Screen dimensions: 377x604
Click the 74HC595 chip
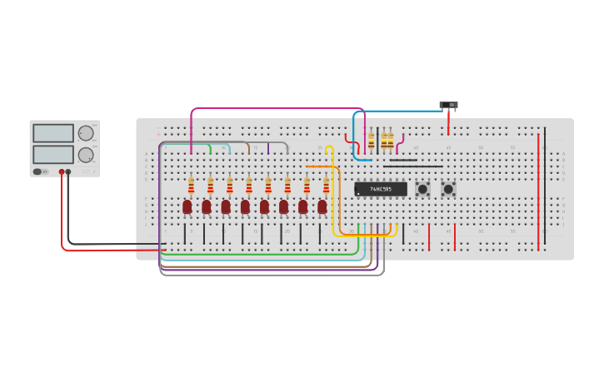(x=381, y=189)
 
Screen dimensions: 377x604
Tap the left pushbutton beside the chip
(x=422, y=189)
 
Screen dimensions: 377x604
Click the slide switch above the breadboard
(x=448, y=105)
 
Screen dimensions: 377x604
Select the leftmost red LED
(x=187, y=206)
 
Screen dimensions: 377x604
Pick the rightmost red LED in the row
(x=322, y=206)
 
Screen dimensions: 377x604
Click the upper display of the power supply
(x=53, y=133)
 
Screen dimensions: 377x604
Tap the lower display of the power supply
(x=53, y=155)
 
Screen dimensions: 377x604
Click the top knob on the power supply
(x=86, y=133)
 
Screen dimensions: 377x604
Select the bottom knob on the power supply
(x=86, y=155)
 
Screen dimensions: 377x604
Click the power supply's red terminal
(x=61, y=171)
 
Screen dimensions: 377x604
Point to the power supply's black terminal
(x=68, y=171)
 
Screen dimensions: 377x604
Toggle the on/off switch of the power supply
(x=37, y=171)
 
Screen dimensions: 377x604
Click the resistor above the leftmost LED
(x=191, y=185)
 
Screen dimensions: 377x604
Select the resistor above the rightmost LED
(x=326, y=185)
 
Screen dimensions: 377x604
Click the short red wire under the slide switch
(x=448, y=123)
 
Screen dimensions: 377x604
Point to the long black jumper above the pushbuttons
(x=413, y=166)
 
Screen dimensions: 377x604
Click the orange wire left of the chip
(x=321, y=166)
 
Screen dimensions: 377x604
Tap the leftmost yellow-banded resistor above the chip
(x=372, y=141)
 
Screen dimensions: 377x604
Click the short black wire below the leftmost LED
(x=185, y=234)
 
